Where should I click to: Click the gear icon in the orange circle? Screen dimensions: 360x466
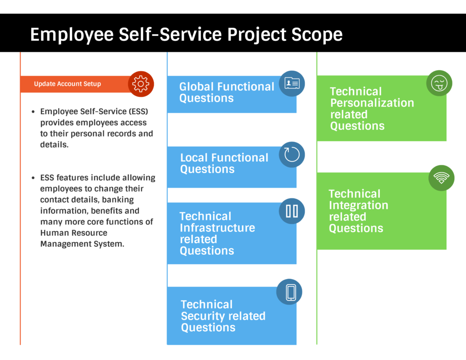coord(141,84)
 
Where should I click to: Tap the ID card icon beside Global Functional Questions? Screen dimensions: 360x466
coord(292,84)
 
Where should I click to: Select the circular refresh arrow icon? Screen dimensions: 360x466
coord(292,155)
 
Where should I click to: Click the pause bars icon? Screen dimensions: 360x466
coord(292,211)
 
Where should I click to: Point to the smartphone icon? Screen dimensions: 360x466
coord(290,292)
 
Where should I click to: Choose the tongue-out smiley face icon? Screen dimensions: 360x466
coord(439,83)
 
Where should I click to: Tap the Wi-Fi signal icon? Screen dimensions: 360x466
coord(441,178)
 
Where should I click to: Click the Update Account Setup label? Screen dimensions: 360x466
coord(67,84)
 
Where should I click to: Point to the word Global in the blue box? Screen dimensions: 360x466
coord(196,87)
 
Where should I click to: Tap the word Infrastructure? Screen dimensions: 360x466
coord(217,228)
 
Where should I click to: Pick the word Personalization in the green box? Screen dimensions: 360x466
coord(372,103)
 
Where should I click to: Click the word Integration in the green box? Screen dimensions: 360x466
coord(358,205)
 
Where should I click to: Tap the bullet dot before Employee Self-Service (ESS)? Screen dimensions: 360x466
coord(33,112)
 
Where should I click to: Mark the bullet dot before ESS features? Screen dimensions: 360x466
coord(33,178)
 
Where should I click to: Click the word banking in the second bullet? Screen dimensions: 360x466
coord(117,200)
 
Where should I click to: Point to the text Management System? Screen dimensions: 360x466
coord(82,244)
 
